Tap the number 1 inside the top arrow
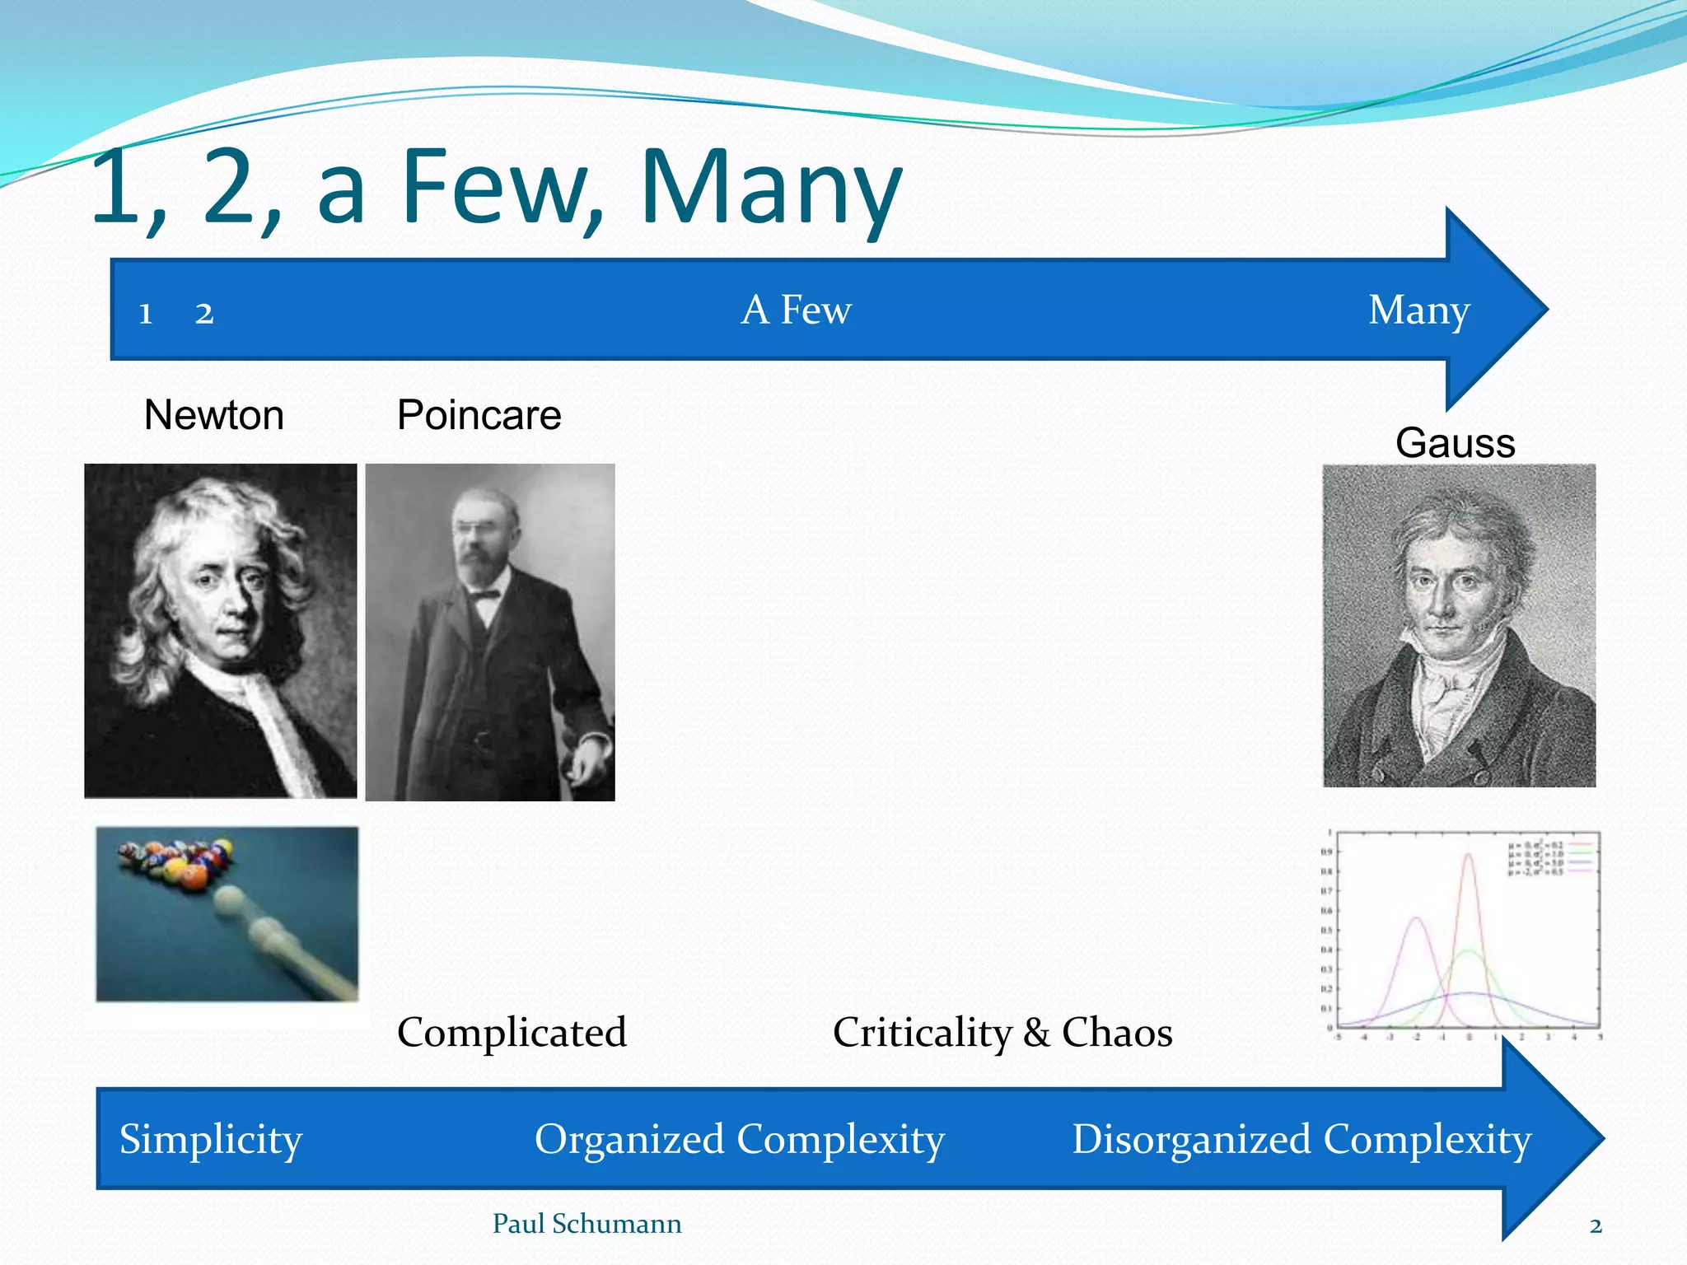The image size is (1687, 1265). click(146, 314)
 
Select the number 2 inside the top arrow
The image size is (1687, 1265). click(204, 314)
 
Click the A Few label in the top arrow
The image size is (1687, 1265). click(796, 310)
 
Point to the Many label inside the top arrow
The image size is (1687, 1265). click(1418, 311)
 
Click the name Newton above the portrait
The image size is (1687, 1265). click(214, 415)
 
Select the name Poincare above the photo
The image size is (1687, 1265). click(479, 415)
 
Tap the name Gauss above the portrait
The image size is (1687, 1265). click(1455, 443)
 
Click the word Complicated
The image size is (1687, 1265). click(512, 1033)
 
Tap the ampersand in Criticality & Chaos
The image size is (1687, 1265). click(1036, 1033)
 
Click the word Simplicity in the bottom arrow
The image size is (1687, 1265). click(211, 1140)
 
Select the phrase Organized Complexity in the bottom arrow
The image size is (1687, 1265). click(739, 1140)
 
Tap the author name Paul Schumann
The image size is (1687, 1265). click(586, 1224)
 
